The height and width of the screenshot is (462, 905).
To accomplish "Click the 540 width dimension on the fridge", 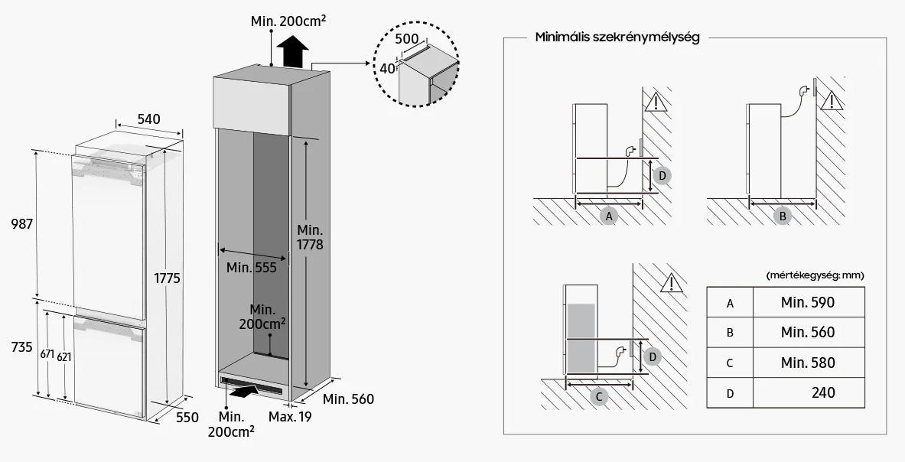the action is click(x=149, y=119).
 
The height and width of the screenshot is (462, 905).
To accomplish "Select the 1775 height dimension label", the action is click(x=167, y=278).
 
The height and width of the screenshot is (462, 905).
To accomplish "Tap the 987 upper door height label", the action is click(x=22, y=224).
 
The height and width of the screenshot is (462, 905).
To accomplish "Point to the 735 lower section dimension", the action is click(x=22, y=347).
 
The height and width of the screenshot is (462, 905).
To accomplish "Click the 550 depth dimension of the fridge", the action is click(x=187, y=417).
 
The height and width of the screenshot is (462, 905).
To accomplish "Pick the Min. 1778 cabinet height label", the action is click(x=310, y=238).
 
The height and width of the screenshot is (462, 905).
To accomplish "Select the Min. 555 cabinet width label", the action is click(x=251, y=268).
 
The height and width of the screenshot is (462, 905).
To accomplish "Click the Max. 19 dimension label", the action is click(x=290, y=416).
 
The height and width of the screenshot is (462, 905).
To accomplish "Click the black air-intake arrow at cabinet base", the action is click(x=243, y=392).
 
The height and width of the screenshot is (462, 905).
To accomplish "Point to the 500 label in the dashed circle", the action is click(x=407, y=39).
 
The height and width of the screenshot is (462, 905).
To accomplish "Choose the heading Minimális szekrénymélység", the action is click(x=617, y=37).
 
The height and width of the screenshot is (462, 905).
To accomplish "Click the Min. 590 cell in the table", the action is click(x=807, y=302).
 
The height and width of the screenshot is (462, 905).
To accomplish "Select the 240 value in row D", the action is click(x=823, y=393).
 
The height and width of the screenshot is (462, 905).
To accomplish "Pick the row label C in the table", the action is click(x=730, y=363).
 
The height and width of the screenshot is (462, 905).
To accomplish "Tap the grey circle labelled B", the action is click(x=783, y=216).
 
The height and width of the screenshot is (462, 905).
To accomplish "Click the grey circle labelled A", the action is click(x=608, y=216).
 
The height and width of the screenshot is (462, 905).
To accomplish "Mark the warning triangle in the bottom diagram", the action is click(x=671, y=283).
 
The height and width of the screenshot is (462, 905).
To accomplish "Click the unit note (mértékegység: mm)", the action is click(x=815, y=275).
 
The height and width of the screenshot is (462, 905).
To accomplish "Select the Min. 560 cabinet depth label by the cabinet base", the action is click(x=348, y=399).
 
